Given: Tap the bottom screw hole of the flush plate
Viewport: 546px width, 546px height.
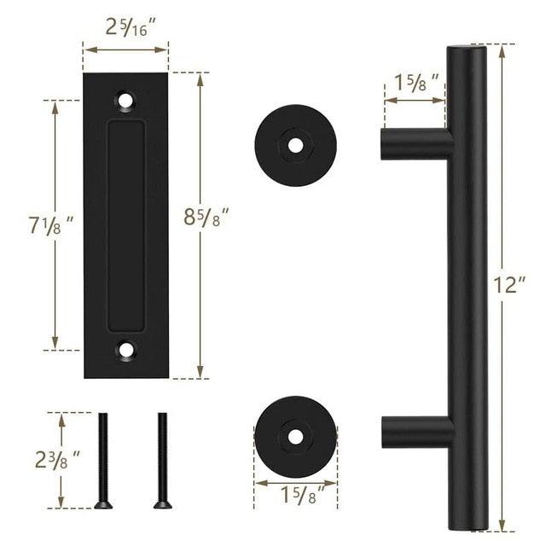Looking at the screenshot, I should pyautogui.click(x=126, y=349).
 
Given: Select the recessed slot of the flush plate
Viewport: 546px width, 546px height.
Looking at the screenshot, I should pyautogui.click(x=126, y=224).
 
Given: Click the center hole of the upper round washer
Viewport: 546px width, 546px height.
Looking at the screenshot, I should pyautogui.click(x=295, y=145).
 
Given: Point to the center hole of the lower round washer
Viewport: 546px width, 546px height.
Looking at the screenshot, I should pyautogui.click(x=295, y=436).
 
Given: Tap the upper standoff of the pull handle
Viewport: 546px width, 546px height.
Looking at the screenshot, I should pyautogui.click(x=415, y=143).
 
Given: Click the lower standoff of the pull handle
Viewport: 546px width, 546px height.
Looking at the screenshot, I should pyautogui.click(x=415, y=433).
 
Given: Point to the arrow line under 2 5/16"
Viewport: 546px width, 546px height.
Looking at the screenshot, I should pyautogui.click(x=125, y=50).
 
